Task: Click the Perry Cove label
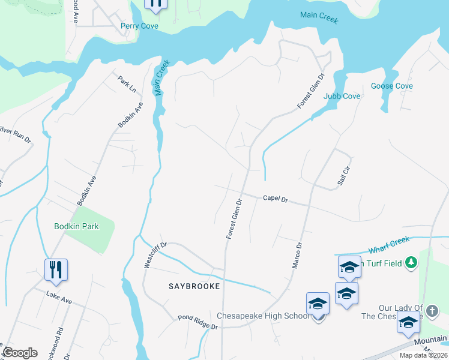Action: coord(139,26)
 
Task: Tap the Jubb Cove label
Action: coord(342,96)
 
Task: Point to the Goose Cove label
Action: coord(391,86)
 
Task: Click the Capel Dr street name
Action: coord(276,198)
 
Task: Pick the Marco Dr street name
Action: coord(298,254)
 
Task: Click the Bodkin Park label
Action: coord(76,226)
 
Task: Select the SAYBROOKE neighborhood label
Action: coord(194,287)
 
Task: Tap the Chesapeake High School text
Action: coord(263,316)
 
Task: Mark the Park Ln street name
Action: coord(127,85)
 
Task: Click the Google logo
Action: coord(20,353)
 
